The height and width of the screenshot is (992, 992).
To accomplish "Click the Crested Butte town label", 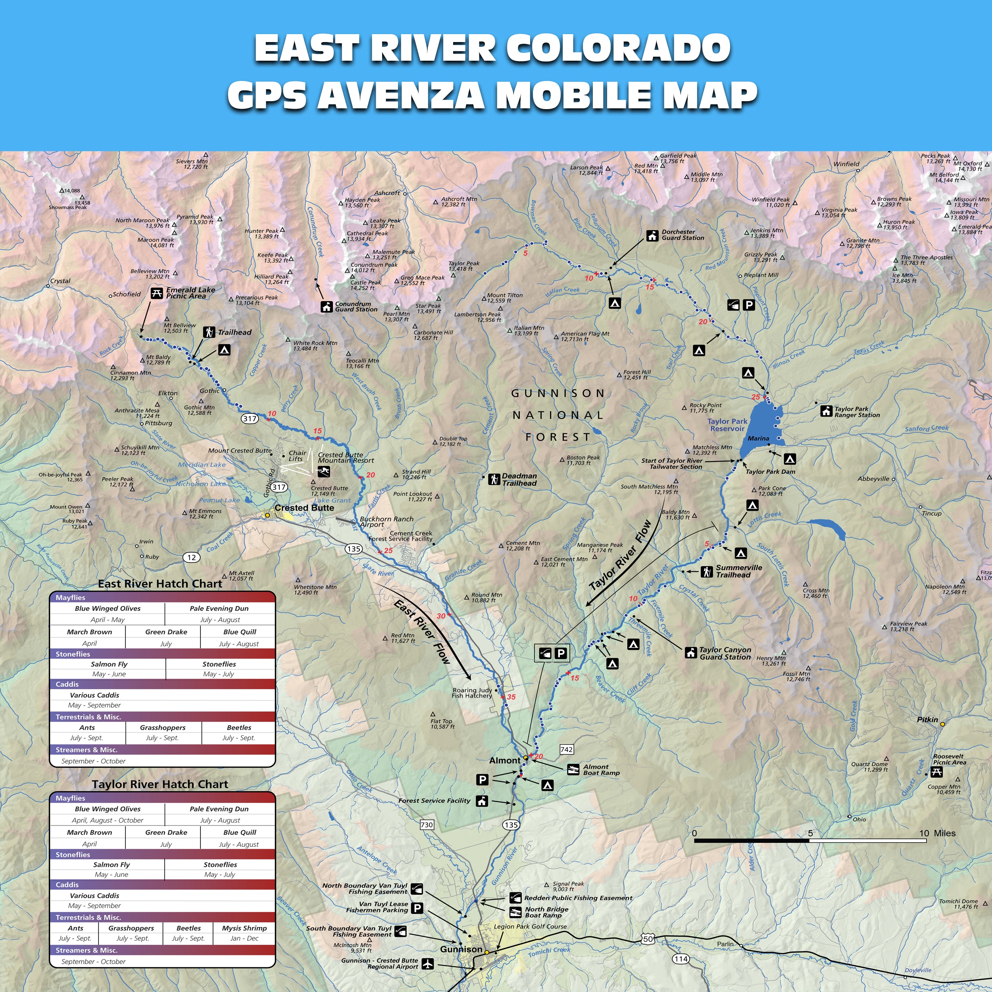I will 304,508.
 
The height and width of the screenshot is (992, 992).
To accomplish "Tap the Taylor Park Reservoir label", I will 727,425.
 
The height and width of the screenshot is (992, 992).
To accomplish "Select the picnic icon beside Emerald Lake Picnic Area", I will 157,293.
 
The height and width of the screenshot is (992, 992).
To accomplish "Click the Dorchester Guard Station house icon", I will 652,235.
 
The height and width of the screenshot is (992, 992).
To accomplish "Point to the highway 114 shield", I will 681,959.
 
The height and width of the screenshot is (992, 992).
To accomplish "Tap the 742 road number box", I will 566,750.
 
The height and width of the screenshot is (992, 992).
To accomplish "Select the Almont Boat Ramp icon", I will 573,770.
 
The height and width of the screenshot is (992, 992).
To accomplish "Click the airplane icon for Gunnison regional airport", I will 428,964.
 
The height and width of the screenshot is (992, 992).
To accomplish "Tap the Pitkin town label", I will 927,720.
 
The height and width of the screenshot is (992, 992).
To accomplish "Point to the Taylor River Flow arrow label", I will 620,556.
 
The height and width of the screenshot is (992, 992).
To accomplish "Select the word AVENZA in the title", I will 400,96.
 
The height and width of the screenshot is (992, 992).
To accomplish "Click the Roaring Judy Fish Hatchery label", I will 472,693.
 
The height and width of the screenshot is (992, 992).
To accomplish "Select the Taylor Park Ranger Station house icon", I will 826,411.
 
